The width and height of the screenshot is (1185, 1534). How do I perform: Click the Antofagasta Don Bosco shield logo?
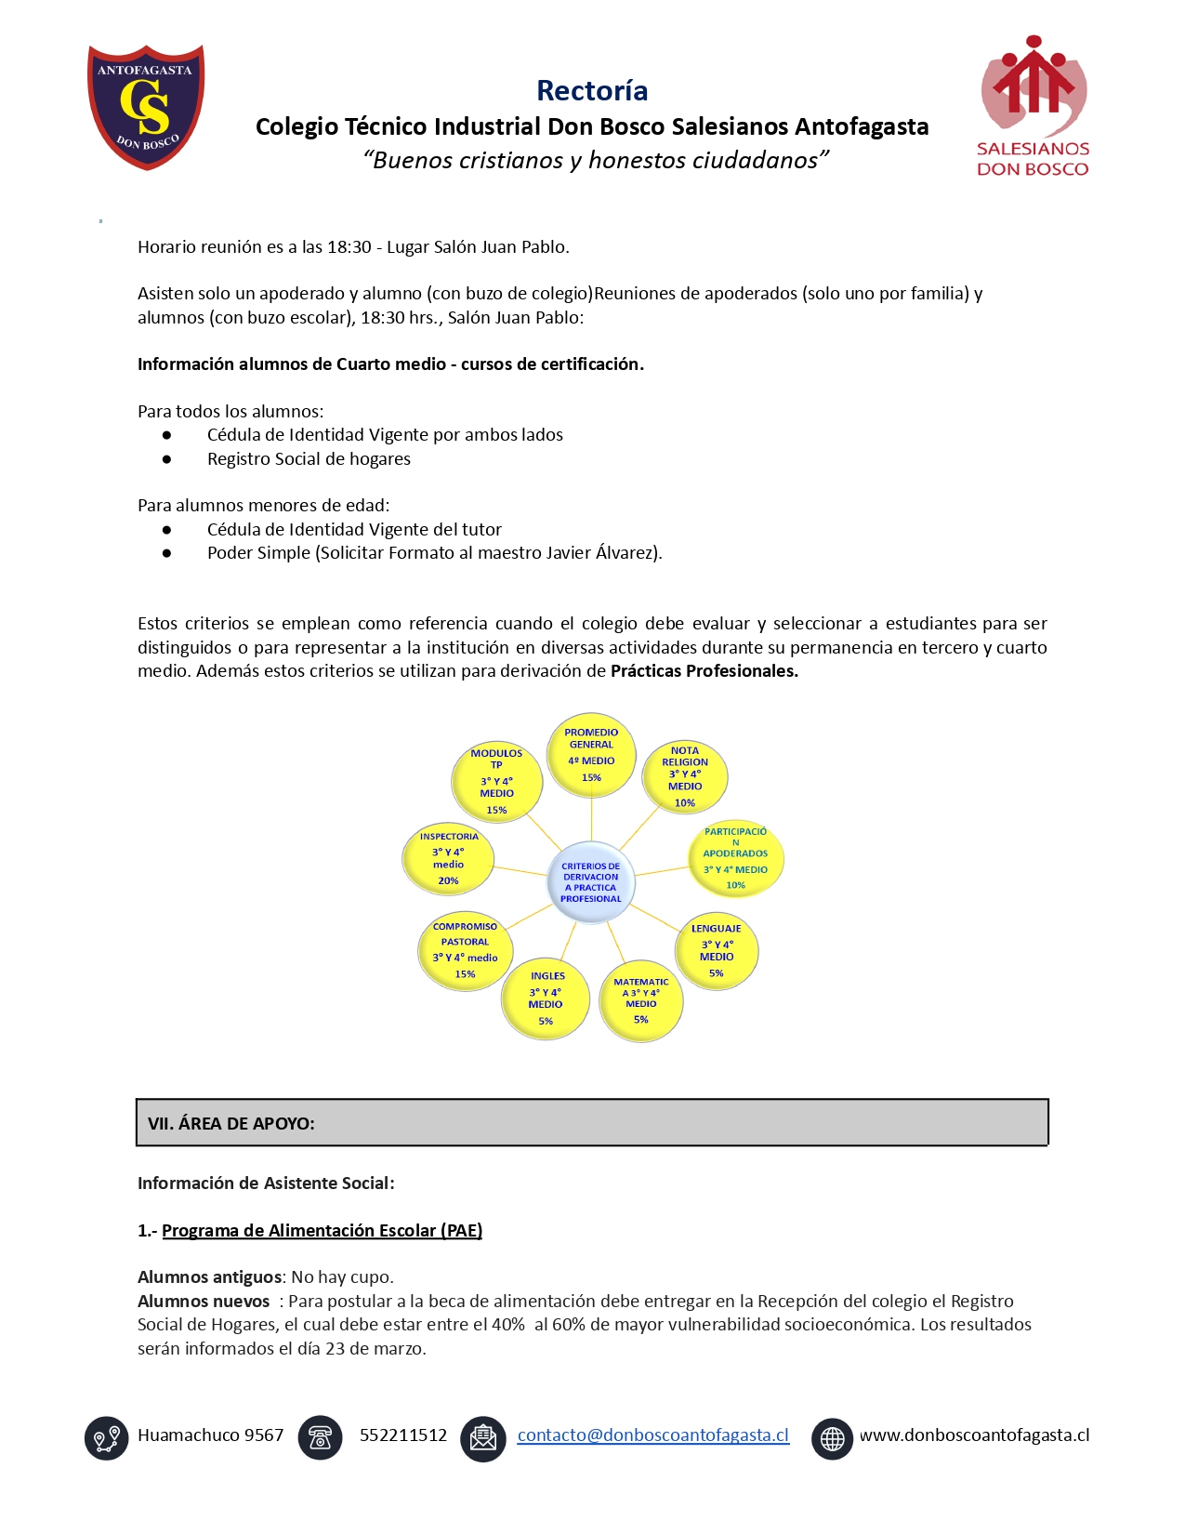click(x=146, y=107)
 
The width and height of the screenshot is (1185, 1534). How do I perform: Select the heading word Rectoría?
click(x=592, y=90)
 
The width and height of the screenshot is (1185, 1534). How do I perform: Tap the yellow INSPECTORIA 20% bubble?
click(x=448, y=858)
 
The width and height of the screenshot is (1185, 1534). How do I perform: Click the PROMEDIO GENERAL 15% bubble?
click(x=591, y=755)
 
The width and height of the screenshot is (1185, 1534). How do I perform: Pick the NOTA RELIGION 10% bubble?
click(x=685, y=775)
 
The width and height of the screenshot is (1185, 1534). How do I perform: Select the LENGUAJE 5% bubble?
click(x=716, y=950)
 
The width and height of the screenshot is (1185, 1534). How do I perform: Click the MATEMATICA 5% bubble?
click(x=641, y=1000)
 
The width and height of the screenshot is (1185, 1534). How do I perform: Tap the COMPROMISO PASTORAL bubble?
click(x=465, y=950)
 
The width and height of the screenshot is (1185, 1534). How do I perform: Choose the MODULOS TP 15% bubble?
click(x=496, y=781)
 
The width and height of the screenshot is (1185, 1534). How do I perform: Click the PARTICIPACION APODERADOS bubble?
click(x=735, y=858)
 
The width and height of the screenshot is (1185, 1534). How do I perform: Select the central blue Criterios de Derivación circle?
click(x=590, y=882)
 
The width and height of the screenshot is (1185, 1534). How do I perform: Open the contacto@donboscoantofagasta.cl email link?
click(x=652, y=1435)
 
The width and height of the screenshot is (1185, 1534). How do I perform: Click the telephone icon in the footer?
click(x=320, y=1437)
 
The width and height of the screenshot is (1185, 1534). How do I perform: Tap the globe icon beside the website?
click(x=832, y=1438)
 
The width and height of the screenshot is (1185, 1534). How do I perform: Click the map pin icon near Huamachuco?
click(x=106, y=1438)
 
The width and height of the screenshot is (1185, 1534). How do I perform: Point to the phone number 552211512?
click(x=403, y=1435)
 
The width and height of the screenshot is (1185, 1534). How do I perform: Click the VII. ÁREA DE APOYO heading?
click(x=231, y=1123)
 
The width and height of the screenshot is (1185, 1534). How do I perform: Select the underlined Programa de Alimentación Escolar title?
click(x=322, y=1230)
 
